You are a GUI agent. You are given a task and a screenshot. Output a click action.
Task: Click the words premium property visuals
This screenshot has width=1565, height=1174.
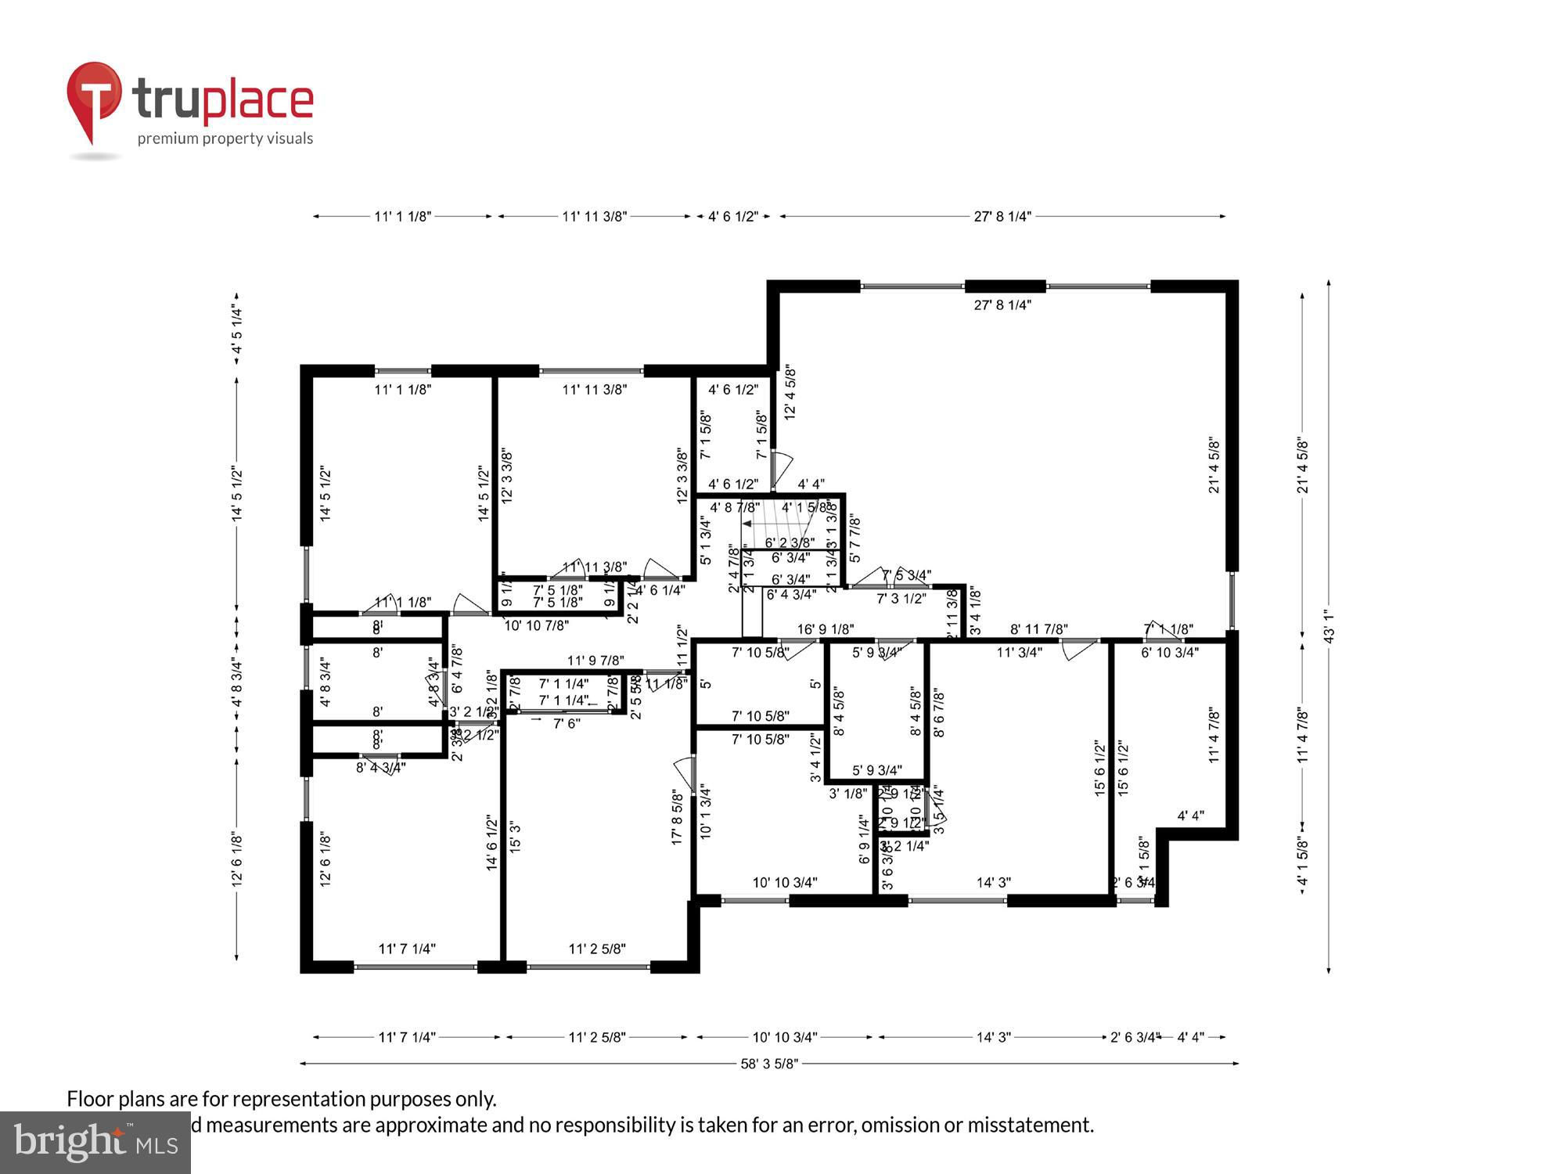point(225,139)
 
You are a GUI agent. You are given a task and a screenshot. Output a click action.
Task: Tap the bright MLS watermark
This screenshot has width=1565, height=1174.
point(95,1143)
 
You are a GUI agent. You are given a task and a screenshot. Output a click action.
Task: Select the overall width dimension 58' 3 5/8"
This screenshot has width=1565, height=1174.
point(769,1064)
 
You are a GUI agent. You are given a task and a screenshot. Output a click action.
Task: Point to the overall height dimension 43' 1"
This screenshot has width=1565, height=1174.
point(1329,626)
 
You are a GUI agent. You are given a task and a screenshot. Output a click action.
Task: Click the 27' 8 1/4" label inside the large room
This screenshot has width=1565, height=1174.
point(1002,305)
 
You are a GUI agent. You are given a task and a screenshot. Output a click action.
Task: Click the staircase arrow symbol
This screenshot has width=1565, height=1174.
point(748,524)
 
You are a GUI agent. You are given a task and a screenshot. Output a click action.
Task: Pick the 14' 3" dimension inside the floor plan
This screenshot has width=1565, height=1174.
point(993,883)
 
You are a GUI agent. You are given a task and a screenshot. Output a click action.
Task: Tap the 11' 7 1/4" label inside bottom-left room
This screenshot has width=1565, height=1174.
point(407,949)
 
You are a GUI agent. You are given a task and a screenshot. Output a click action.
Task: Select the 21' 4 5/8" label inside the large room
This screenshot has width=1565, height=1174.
point(1214,466)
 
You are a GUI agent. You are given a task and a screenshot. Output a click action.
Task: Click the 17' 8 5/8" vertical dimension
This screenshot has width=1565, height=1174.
point(678,817)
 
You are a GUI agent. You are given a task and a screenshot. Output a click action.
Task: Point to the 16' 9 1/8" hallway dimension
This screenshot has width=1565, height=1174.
point(825,629)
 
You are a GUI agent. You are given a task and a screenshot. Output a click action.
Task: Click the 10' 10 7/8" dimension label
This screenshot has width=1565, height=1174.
point(536,626)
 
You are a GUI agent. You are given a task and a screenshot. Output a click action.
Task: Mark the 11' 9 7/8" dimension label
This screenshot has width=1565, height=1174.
point(595,661)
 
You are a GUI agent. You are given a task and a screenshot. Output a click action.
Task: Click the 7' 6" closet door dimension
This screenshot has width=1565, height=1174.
point(567,724)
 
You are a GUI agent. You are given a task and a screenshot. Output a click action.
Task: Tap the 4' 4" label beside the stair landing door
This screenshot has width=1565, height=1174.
point(811,484)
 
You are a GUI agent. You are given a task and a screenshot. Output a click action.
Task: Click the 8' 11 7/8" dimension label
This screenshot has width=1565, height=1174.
point(1039,629)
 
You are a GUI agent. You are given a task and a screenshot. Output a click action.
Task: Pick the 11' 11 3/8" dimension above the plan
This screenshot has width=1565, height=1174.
point(595,217)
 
